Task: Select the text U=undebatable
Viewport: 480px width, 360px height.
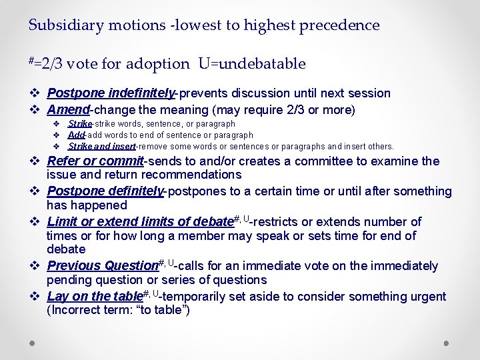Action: click(251, 64)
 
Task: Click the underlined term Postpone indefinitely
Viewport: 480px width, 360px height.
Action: click(111, 93)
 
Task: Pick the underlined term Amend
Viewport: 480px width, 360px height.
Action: click(69, 110)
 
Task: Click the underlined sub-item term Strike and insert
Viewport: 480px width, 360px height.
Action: click(101, 146)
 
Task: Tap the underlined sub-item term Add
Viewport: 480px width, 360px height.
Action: click(75, 135)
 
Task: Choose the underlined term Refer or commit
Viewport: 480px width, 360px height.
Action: click(95, 161)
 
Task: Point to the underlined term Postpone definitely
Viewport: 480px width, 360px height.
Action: click(105, 191)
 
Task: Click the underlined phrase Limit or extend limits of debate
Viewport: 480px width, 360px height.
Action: click(139, 222)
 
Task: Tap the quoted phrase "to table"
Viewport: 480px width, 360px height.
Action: click(163, 310)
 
